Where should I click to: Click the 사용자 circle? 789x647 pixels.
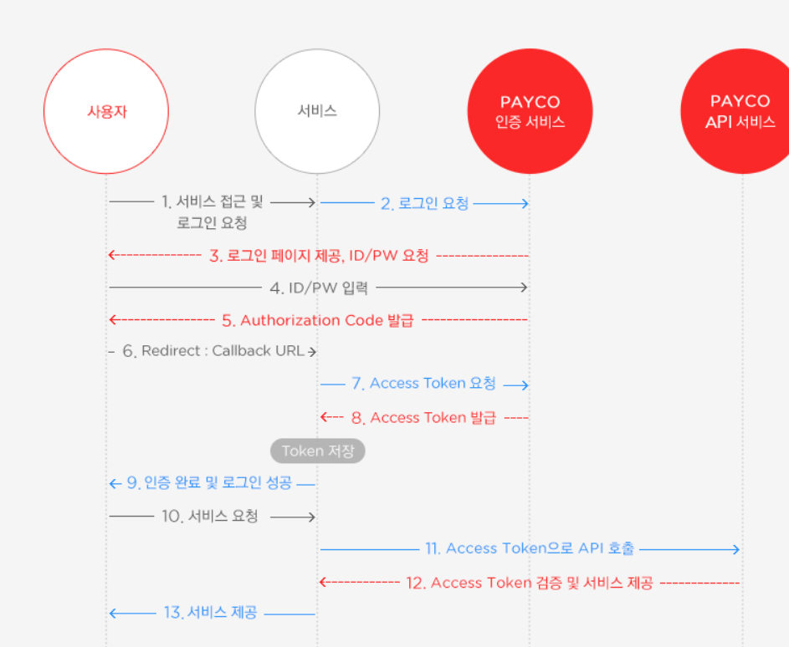pyautogui.click(x=106, y=111)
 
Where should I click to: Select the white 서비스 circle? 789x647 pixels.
pyautogui.click(x=317, y=111)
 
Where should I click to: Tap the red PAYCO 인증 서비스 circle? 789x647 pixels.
pyautogui.click(x=530, y=111)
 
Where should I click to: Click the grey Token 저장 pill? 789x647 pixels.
pyautogui.click(x=318, y=451)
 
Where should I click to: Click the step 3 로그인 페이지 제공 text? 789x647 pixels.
pyautogui.click(x=319, y=256)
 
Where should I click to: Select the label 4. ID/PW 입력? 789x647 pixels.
pyautogui.click(x=318, y=288)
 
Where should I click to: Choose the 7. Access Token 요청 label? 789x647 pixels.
pyautogui.click(x=423, y=384)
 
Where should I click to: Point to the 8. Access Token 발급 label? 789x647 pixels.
pyautogui.click(x=423, y=417)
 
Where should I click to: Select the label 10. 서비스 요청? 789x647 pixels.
pyautogui.click(x=209, y=517)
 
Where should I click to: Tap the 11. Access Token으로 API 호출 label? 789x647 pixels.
pyautogui.click(x=530, y=549)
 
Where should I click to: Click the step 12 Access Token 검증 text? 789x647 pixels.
pyautogui.click(x=530, y=583)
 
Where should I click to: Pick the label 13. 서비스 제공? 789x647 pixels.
pyautogui.click(x=210, y=614)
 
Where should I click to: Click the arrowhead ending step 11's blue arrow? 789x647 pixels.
pyautogui.click(x=736, y=549)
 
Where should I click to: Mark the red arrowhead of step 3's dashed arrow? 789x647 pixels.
pyautogui.click(x=112, y=255)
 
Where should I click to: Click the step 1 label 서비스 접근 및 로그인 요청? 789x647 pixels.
pyautogui.click(x=212, y=212)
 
